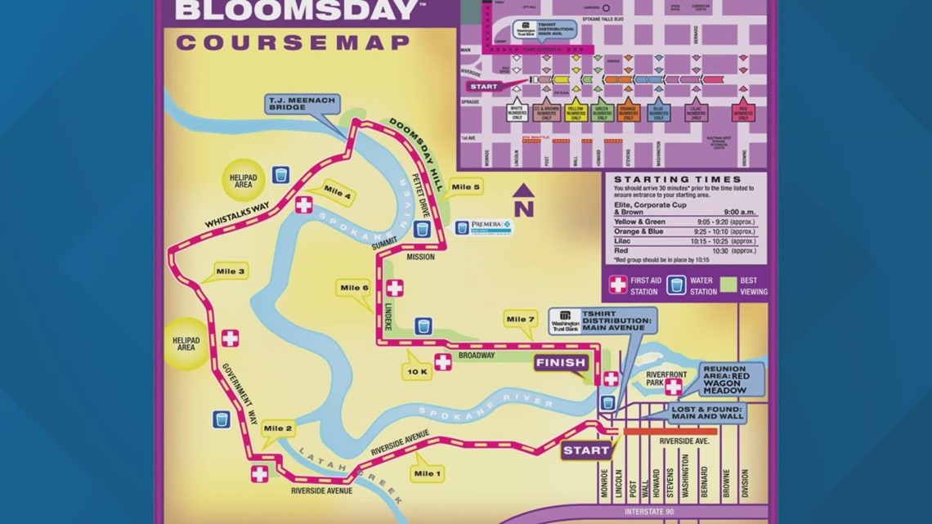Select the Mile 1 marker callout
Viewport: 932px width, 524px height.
pyautogui.click(x=428, y=473)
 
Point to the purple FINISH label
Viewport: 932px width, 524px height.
pyautogui.click(x=561, y=362)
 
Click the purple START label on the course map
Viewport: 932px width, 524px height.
pyautogui.click(x=586, y=450)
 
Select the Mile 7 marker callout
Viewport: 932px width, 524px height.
pyautogui.click(x=521, y=319)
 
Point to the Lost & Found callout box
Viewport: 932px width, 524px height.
pyautogui.click(x=709, y=413)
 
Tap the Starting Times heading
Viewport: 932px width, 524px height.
pyautogui.click(x=677, y=179)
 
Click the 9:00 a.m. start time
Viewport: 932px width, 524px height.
pyautogui.click(x=739, y=213)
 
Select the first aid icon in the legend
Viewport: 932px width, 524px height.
pyautogui.click(x=617, y=284)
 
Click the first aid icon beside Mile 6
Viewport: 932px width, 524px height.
pyautogui.click(x=395, y=288)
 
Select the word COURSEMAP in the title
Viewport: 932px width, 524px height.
pyautogui.click(x=293, y=43)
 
